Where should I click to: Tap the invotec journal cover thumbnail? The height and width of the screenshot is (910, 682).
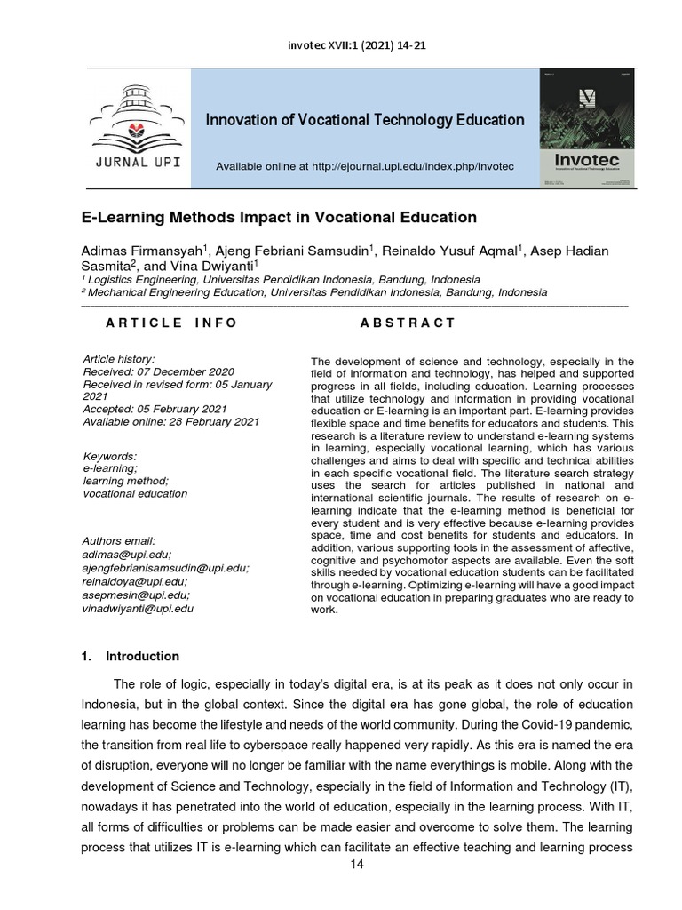587,128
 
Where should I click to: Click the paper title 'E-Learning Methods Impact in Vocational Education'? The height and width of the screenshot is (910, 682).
279,217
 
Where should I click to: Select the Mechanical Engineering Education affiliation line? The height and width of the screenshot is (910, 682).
313,291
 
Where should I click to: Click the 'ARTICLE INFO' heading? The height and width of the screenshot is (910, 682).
170,323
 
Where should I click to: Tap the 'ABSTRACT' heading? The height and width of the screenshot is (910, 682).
408,323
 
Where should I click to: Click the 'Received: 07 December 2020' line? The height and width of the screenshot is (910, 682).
158,371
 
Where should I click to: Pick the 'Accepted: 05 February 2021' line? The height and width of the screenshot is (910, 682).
155,409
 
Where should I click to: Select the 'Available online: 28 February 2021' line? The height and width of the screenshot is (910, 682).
170,421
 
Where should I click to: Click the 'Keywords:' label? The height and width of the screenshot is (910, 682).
109,456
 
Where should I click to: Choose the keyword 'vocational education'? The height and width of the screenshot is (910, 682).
134,493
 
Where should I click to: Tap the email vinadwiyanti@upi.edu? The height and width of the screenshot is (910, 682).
138,609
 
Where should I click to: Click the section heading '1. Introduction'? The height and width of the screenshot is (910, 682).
131,657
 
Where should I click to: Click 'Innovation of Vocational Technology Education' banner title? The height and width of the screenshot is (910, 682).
365,120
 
